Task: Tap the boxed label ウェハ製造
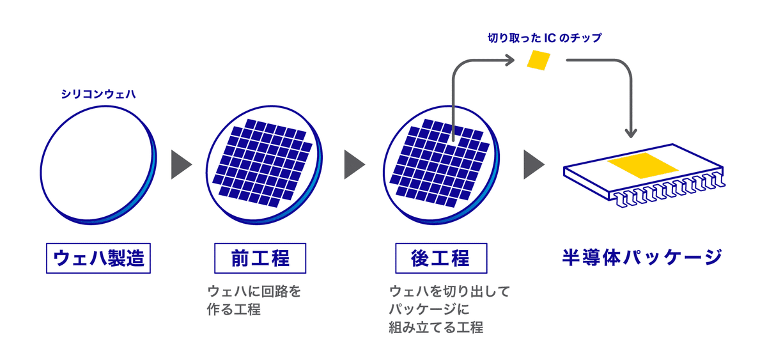98,258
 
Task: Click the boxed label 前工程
260,258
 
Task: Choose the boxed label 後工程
440,258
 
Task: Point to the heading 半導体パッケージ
642,258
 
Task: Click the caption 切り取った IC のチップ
544,38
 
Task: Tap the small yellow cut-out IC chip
538,60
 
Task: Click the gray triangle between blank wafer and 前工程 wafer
181,165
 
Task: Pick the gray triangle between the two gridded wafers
353,165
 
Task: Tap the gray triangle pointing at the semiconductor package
532,165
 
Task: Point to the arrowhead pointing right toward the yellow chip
509,61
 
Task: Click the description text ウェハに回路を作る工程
254,301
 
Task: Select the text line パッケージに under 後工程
429,310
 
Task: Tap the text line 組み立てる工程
435,328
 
